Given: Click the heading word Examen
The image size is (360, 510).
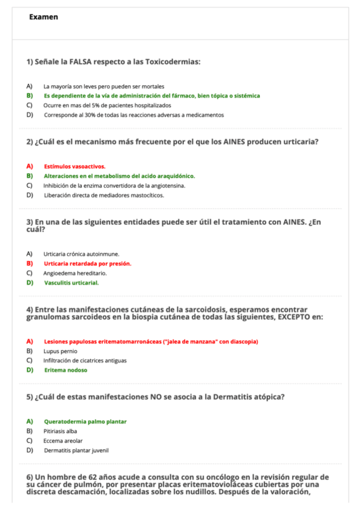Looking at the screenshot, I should [x=43, y=17].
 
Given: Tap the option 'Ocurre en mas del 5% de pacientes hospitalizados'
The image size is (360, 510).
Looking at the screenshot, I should [x=103, y=105].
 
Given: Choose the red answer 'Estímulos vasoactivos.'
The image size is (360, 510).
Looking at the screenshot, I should [x=75, y=166].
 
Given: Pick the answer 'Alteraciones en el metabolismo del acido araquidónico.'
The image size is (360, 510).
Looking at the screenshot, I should [x=119, y=176].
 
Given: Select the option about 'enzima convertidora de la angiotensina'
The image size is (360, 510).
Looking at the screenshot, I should [x=114, y=185].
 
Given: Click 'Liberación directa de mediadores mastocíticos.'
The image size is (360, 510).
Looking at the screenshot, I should [x=103, y=195].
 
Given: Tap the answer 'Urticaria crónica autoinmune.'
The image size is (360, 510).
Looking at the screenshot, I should [x=81, y=254].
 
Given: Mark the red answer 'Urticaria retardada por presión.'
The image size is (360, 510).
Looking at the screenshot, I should [x=87, y=263].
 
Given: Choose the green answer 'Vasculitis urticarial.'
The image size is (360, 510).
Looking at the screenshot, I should [x=72, y=283].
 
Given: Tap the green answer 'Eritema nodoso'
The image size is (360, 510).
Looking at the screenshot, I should [x=65, y=370].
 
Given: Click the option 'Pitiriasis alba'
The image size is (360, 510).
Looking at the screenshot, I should [x=60, y=431].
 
